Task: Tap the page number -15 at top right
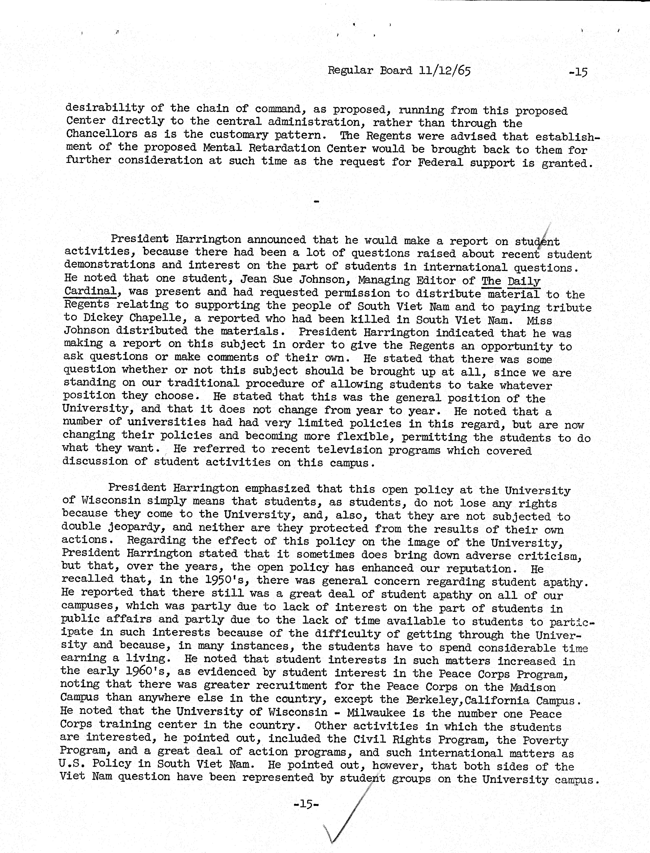(x=578, y=72)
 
